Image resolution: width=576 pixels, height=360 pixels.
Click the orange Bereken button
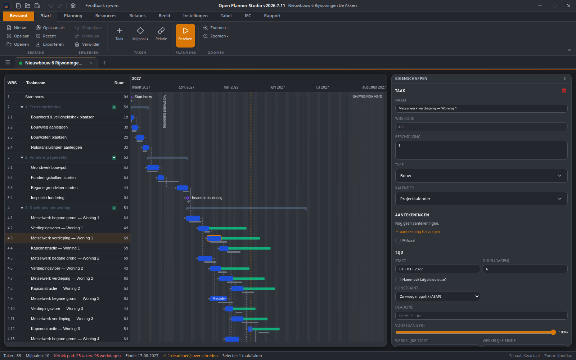[x=185, y=36]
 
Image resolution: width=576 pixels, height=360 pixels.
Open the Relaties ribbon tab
[x=137, y=16]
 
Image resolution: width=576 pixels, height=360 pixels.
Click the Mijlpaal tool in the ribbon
[x=140, y=34]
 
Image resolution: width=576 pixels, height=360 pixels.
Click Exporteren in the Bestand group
[x=50, y=44]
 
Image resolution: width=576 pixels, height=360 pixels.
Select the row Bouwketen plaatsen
[x=49, y=137]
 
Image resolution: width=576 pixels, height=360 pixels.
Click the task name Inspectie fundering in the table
[x=48, y=198]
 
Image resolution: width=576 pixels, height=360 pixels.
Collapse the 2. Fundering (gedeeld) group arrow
[x=22, y=157]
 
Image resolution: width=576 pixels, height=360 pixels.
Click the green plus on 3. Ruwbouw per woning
[x=114, y=208]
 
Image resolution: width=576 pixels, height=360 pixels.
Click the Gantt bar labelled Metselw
[x=219, y=298]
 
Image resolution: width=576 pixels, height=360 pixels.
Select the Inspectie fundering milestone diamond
[x=188, y=198]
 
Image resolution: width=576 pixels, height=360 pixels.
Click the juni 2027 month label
[x=278, y=87]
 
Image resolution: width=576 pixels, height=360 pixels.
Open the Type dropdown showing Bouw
[x=481, y=176]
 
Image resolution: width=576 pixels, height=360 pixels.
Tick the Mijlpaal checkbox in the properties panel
[x=398, y=240]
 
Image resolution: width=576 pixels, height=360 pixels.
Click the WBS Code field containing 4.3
[x=481, y=127]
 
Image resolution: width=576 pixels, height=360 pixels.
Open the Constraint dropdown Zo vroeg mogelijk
[x=437, y=297]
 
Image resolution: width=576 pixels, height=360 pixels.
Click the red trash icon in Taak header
[x=564, y=91]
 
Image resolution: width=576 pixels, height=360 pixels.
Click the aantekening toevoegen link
[x=418, y=231]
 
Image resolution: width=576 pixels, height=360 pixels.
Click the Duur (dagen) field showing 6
[x=525, y=269]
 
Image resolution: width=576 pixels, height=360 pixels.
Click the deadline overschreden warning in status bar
[x=190, y=356]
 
